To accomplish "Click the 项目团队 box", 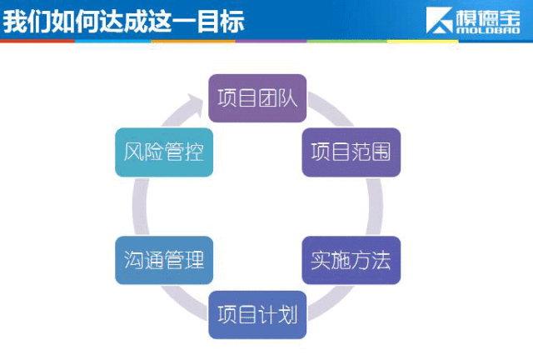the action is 257,98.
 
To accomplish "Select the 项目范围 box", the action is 351,152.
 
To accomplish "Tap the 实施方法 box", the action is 351,260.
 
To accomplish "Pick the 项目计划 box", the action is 257,315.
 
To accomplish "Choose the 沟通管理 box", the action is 164,260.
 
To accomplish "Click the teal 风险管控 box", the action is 164,152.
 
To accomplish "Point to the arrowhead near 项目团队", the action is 195,104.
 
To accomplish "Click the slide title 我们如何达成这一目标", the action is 124,21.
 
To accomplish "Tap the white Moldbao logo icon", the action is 439,20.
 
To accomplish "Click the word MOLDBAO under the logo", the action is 488,30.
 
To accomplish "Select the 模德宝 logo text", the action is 488,17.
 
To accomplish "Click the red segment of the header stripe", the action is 37,41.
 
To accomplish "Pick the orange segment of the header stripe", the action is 193,41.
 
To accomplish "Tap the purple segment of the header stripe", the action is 271,41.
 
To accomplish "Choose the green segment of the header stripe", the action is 346,41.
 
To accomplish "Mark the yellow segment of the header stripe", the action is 422,41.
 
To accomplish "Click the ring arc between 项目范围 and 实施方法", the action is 376,206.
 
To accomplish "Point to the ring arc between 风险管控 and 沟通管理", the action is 140,206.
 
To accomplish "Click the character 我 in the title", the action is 15,21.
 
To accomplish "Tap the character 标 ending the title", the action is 233,21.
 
